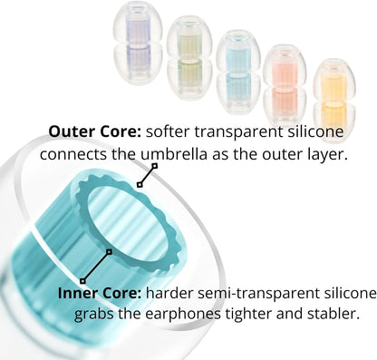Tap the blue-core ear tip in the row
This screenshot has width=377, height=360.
point(238,65)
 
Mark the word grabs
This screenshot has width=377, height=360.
point(79,316)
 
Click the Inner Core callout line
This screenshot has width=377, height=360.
point(95,262)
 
